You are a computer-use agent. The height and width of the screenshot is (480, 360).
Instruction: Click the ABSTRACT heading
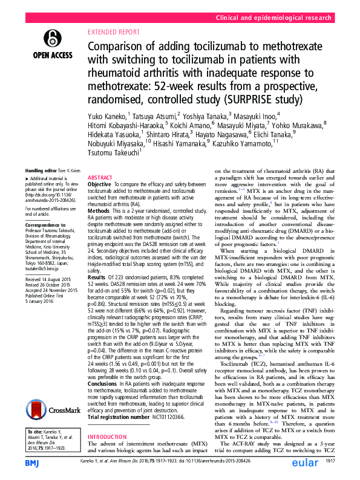point(100,178)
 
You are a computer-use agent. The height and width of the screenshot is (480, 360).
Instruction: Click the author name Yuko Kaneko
point(108,115)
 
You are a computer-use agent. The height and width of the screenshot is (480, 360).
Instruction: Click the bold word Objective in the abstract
point(100,184)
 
